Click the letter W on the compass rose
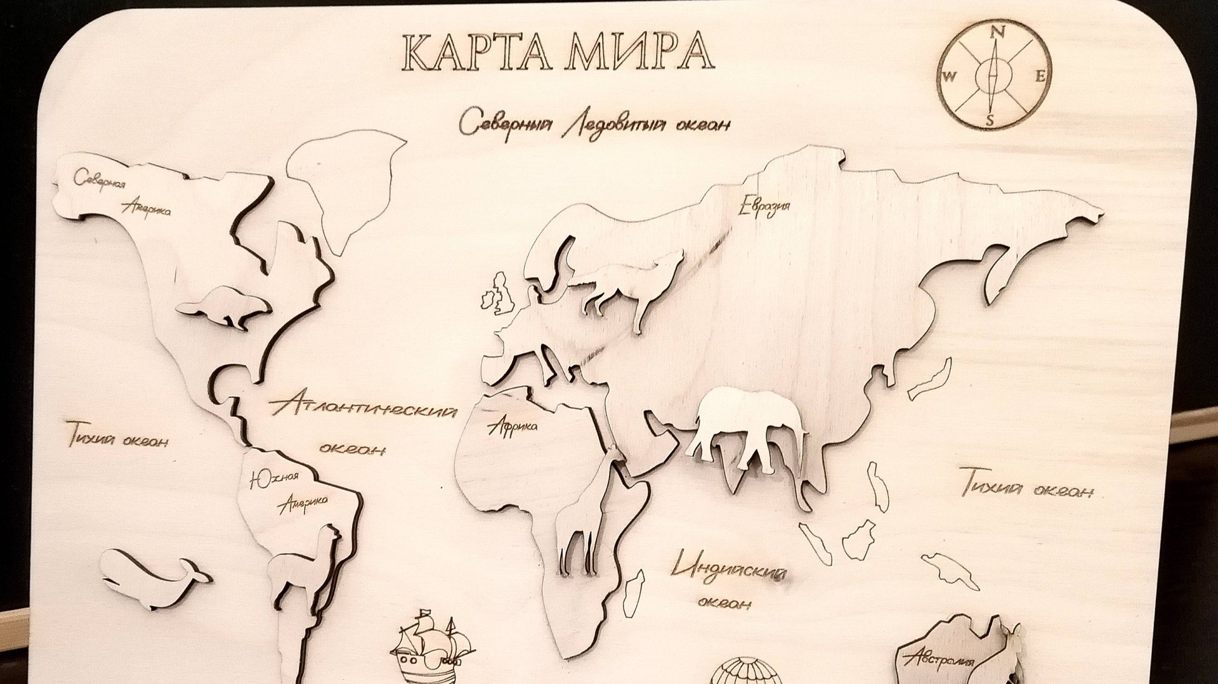click(x=950, y=77)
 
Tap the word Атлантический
click(x=363, y=406)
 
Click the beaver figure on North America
click(x=225, y=307)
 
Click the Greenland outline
click(x=346, y=184)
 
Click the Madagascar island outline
click(x=632, y=593)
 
